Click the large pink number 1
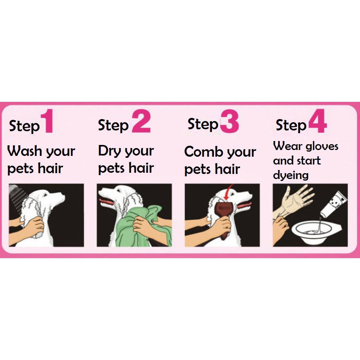point(48,121)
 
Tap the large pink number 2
point(141,121)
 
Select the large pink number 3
point(230,121)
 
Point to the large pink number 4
point(318,121)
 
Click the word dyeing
point(291,175)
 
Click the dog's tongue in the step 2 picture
point(106,202)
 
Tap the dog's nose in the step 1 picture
point(63,197)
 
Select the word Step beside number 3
point(203,125)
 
